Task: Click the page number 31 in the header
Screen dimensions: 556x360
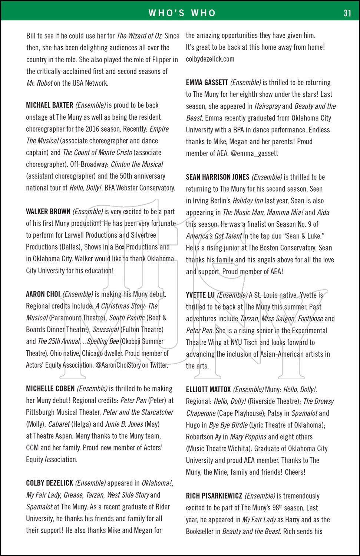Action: coord(347,13)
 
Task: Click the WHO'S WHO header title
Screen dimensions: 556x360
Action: coord(182,13)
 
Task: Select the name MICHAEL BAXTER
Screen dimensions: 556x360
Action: coord(50,105)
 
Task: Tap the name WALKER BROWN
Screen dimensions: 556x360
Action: coord(48,212)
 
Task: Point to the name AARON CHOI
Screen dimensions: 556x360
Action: coord(43,294)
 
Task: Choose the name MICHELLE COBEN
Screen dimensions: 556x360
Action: coord(50,389)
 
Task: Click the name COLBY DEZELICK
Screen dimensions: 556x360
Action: coord(49,483)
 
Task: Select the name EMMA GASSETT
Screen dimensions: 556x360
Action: coord(207,83)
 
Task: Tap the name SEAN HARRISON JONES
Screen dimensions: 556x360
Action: coord(218,177)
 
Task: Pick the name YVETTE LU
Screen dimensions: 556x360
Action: coord(200,295)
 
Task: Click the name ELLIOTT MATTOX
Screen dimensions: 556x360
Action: coord(208,390)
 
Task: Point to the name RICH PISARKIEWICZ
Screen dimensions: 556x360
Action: coord(214,496)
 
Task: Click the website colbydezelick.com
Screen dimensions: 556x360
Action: coord(210,59)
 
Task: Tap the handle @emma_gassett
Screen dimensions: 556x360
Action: coord(254,153)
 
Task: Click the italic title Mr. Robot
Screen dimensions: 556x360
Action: coord(39,83)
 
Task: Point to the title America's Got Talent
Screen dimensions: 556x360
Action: coord(214,236)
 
